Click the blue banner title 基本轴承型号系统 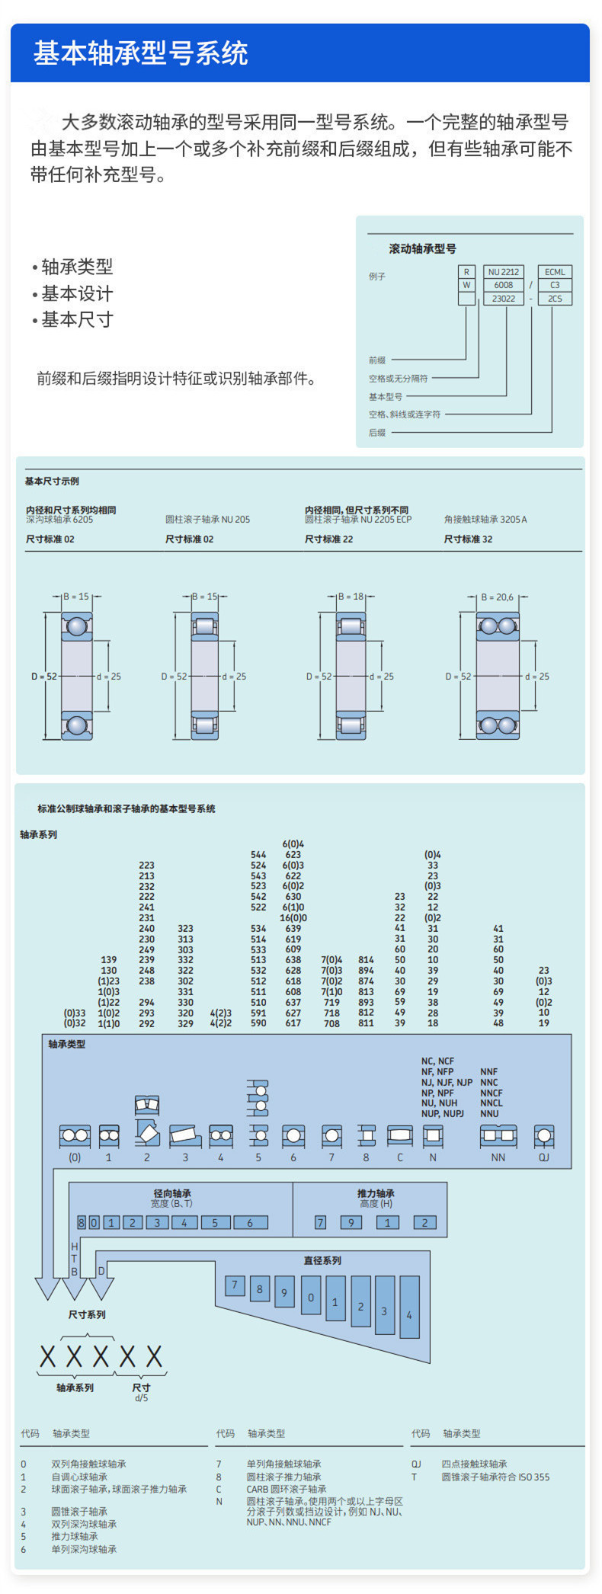(141, 53)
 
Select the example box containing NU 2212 (504, 272)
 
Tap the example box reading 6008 (504, 285)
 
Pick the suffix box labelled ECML (555, 272)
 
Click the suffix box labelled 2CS (555, 299)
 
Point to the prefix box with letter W (466, 285)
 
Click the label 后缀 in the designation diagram (377, 433)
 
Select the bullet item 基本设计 (77, 293)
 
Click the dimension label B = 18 (351, 597)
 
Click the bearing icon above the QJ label (543, 1136)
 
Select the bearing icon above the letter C (400, 1136)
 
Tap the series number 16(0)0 (293, 918)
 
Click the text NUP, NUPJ (443, 1113)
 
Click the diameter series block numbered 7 (235, 1285)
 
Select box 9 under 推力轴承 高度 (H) (351, 1222)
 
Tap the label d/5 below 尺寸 (142, 1398)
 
